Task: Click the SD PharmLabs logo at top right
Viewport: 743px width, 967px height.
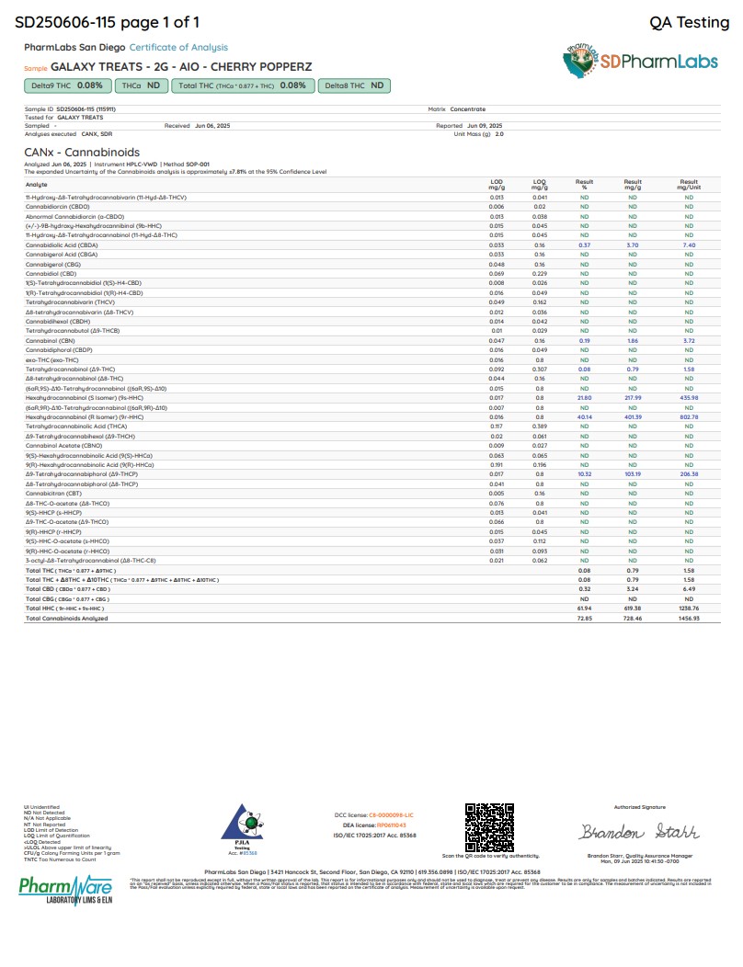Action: (637, 63)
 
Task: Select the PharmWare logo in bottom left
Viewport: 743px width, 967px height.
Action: (65, 889)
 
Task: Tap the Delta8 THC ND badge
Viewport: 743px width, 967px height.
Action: (354, 85)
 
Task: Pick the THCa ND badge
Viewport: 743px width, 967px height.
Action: (141, 85)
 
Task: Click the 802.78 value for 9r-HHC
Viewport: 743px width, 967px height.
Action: (689, 416)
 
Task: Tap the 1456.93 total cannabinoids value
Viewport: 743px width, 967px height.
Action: (689, 619)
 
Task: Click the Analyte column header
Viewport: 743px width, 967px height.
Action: (36, 184)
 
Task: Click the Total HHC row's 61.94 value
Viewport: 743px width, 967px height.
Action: (584, 609)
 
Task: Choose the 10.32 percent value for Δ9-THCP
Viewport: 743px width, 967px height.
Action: (584, 474)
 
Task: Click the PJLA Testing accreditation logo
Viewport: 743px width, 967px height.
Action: (245, 830)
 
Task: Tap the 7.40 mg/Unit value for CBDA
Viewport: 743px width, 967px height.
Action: (689, 245)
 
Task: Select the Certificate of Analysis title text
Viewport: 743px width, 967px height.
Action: (178, 47)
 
